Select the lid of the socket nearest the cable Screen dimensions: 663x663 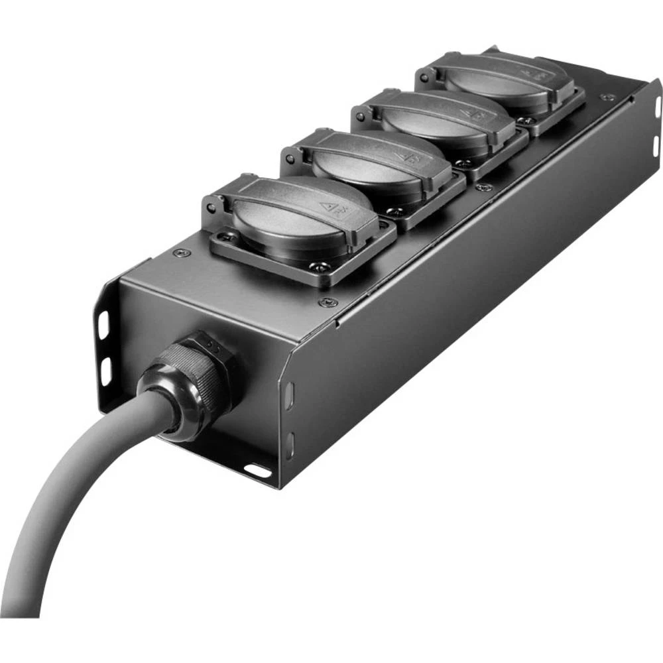302,212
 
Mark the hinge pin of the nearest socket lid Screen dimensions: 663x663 211,209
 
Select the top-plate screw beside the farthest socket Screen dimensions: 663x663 605,97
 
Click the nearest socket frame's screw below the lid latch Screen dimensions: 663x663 320,267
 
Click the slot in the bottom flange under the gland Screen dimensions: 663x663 257,471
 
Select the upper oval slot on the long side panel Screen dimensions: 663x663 289,397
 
